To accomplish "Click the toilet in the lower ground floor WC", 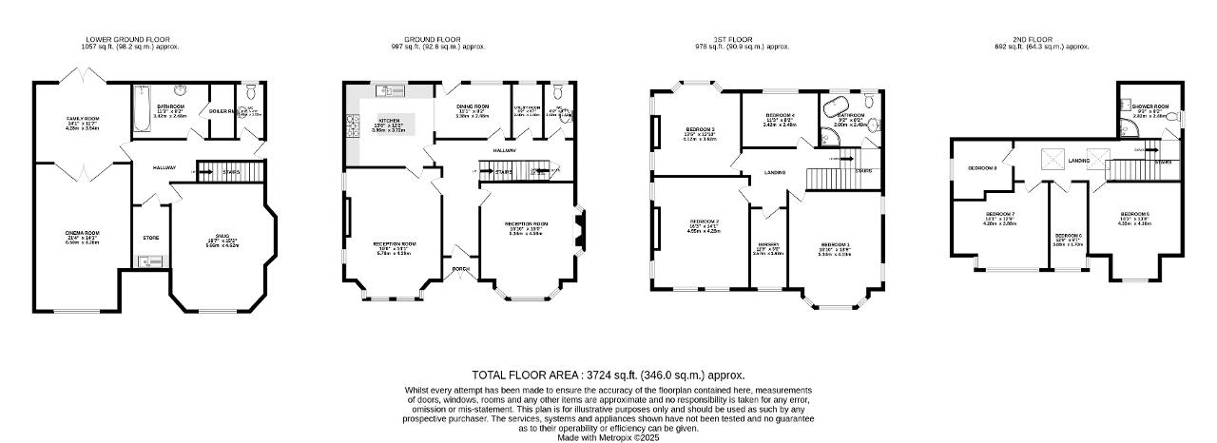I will click(249, 92).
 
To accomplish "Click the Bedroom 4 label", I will click(780, 115).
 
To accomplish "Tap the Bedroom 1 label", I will click(834, 245).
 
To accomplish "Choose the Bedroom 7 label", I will click(1000, 214).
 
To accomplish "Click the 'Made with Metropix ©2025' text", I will click(608, 437).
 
